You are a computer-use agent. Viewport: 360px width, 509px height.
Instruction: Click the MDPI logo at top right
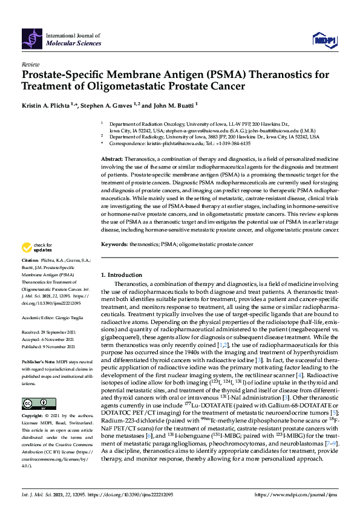click(324, 40)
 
